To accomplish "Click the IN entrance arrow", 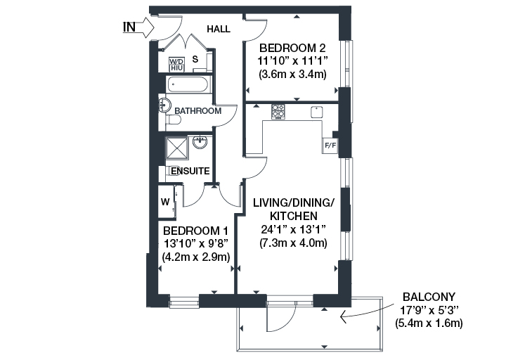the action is click(x=148, y=27).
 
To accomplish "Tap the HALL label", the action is click(x=219, y=29).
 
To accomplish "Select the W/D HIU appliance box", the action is click(x=176, y=65).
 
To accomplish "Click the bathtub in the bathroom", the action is click(x=189, y=84).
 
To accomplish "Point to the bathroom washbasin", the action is click(x=164, y=105).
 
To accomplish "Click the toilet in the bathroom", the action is click(x=174, y=120).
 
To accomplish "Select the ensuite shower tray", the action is click(x=177, y=148).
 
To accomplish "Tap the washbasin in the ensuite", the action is click(x=200, y=142).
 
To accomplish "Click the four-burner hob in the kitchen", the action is click(x=278, y=111).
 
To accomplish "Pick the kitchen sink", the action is click(x=317, y=112).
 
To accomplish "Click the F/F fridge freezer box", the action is click(x=330, y=146).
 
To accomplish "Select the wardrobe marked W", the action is click(x=166, y=202).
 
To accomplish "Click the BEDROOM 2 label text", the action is click(x=292, y=48).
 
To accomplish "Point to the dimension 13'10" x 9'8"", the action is click(x=196, y=244).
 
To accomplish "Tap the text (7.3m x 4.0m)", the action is click(x=293, y=243).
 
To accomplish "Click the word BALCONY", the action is click(x=429, y=297).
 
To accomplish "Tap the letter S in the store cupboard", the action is click(x=195, y=59).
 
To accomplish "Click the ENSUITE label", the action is click(x=190, y=171).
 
